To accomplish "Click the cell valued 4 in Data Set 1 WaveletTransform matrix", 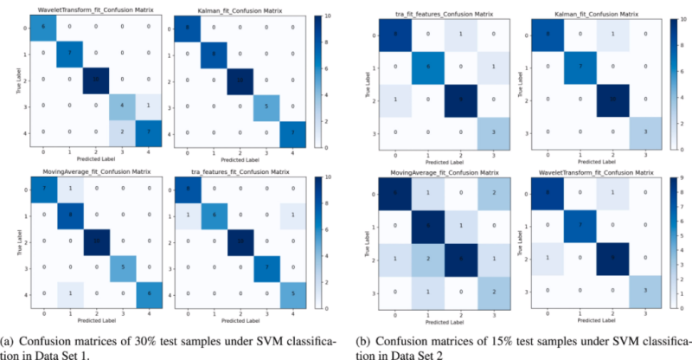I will (x=122, y=106).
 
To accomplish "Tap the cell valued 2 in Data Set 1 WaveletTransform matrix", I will (x=122, y=131).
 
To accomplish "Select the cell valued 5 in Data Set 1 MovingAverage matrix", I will (x=122, y=267).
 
